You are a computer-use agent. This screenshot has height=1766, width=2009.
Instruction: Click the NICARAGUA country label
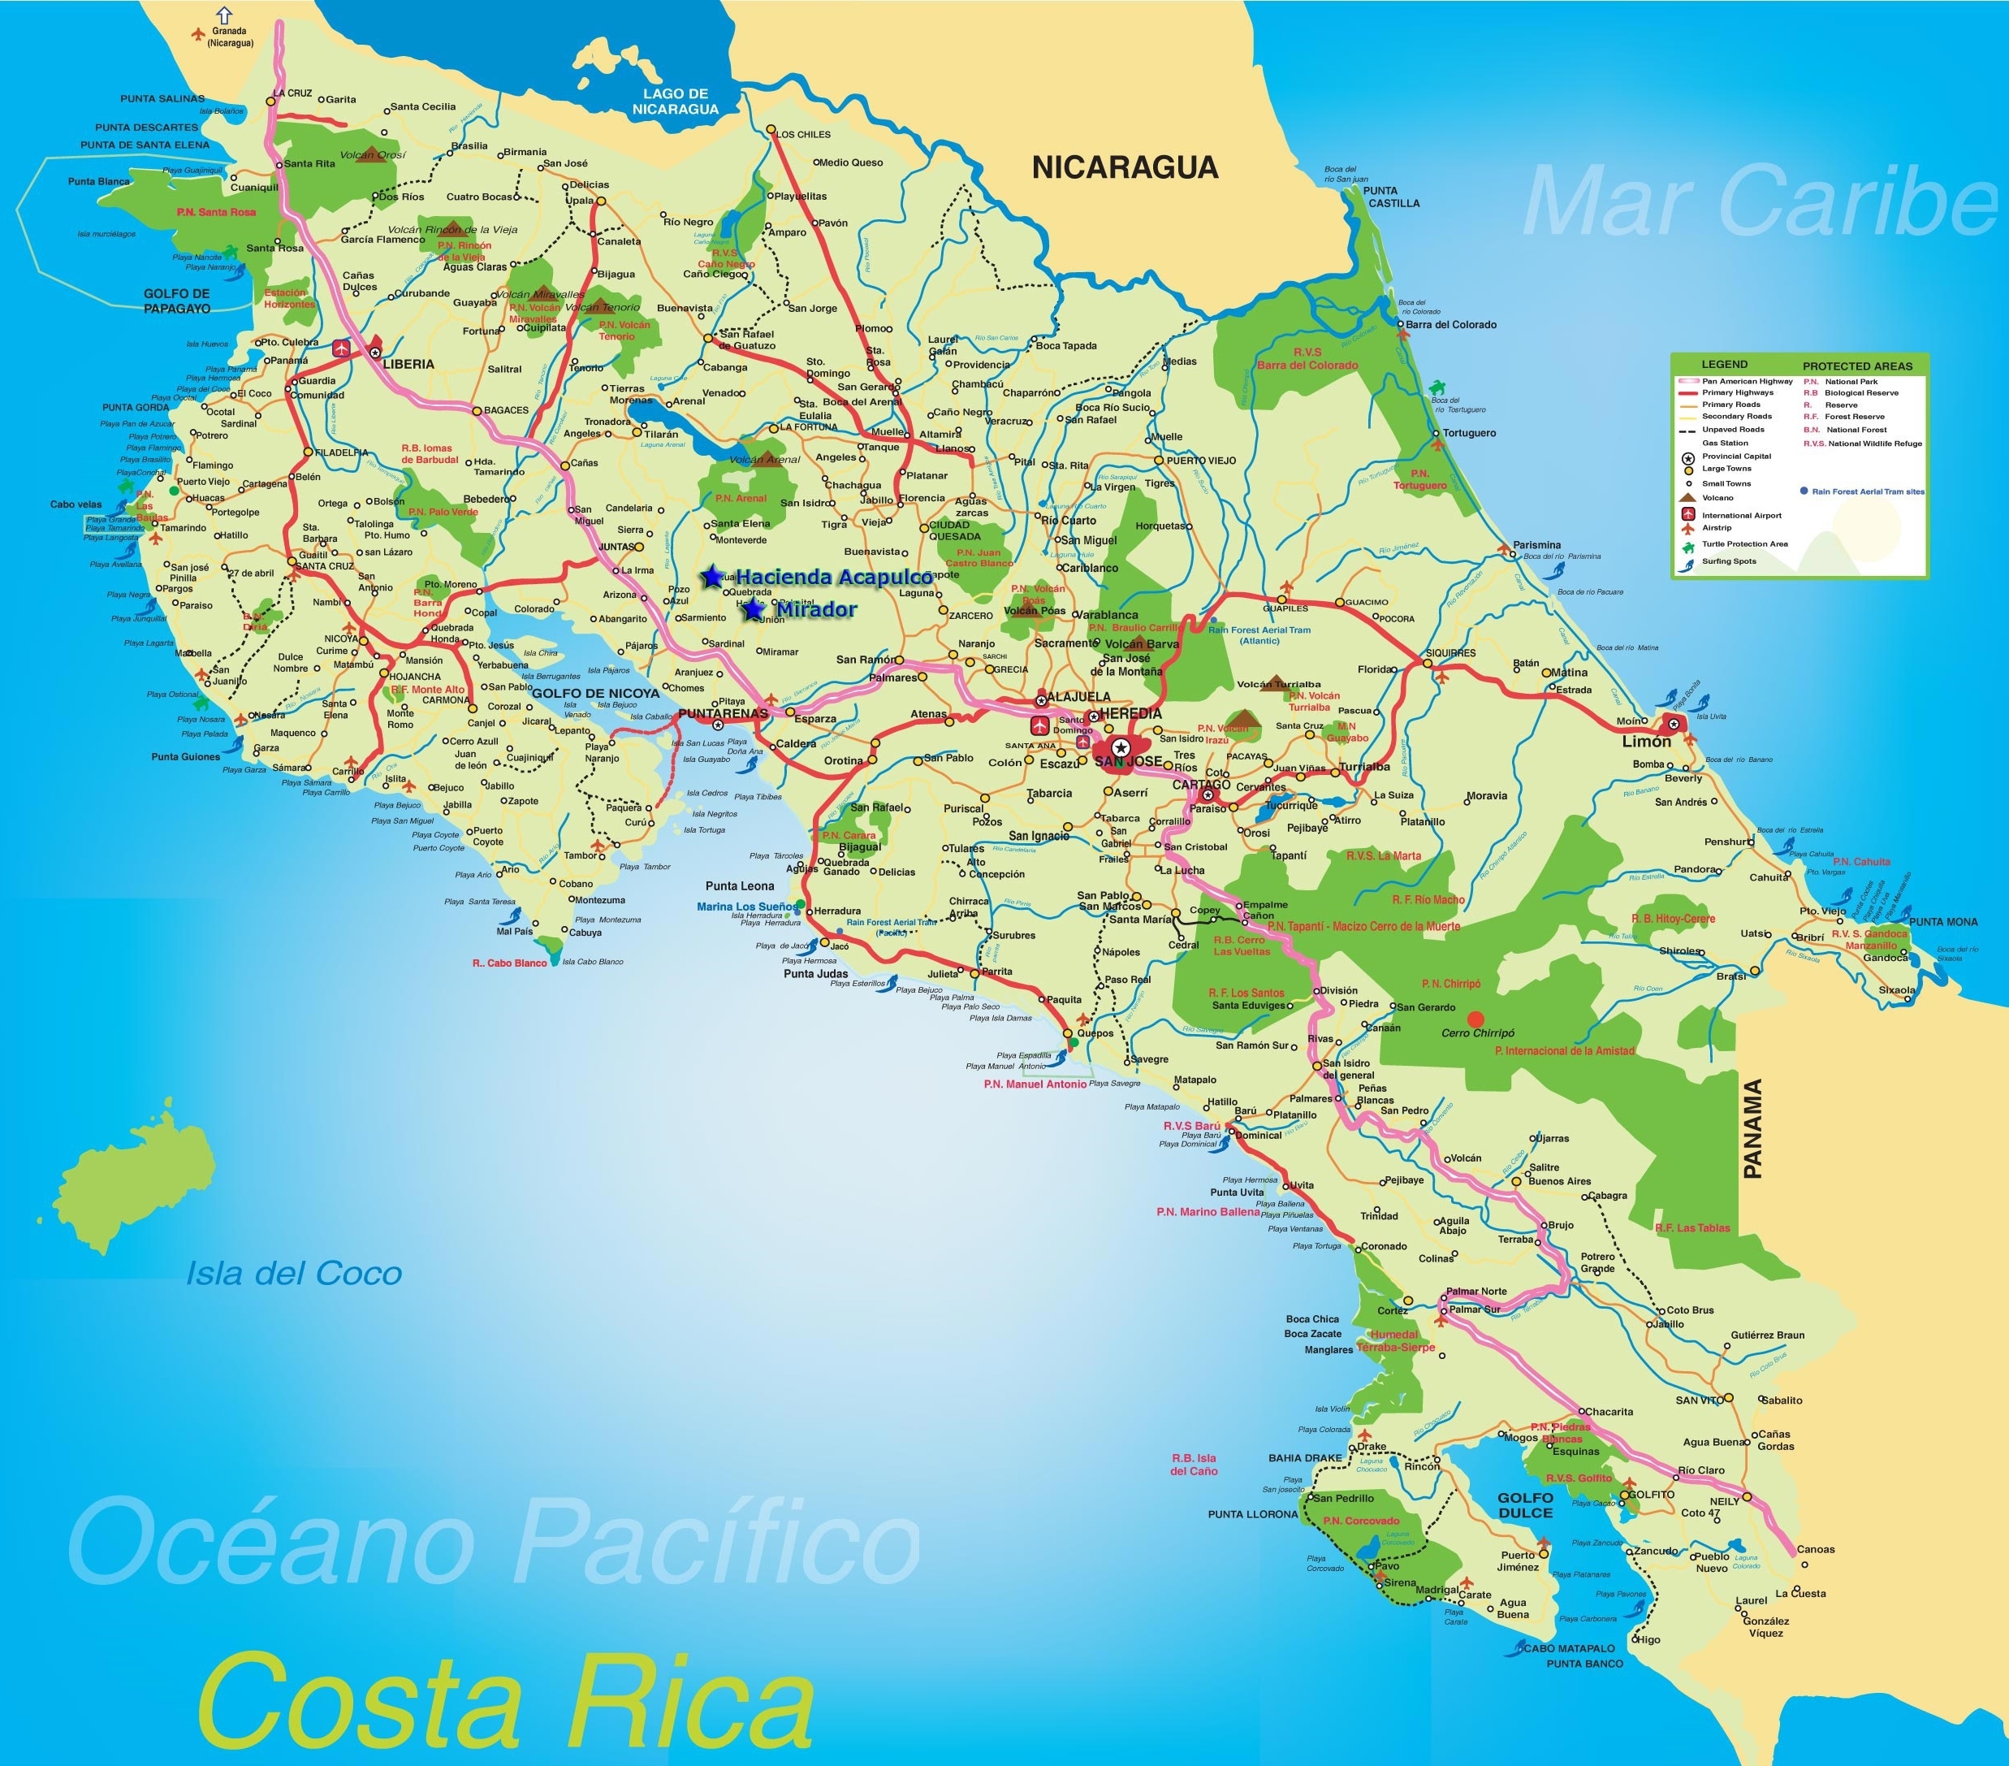click(1125, 167)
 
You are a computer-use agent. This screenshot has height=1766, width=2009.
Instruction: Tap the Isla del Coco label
click(294, 1275)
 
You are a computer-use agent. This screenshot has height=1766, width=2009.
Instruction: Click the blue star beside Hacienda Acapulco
click(711, 578)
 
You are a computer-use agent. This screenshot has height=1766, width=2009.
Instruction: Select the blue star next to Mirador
click(753, 609)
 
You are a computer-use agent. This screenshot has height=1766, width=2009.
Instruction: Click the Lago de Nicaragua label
click(676, 102)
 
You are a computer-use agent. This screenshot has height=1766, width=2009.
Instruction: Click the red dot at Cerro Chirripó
click(1475, 1019)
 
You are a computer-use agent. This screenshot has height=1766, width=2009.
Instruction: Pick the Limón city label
click(1645, 742)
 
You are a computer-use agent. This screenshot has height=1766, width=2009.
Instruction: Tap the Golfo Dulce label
click(1525, 1505)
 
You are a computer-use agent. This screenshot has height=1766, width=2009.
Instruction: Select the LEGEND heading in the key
click(1724, 365)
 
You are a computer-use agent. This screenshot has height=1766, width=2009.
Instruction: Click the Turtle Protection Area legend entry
click(1744, 543)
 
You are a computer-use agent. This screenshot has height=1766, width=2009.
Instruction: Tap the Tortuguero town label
click(1470, 434)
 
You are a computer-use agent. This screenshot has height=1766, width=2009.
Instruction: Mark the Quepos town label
click(1095, 1033)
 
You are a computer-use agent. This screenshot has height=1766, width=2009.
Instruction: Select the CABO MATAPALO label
click(1569, 1649)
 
